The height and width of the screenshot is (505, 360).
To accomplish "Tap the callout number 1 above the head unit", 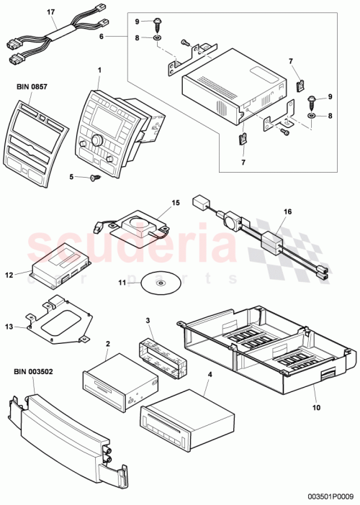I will [100, 69].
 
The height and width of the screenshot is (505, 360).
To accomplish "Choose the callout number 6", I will [102, 36].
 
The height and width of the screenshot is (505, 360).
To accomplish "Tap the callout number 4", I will [208, 374].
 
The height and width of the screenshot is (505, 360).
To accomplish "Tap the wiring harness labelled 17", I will [54, 36].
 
